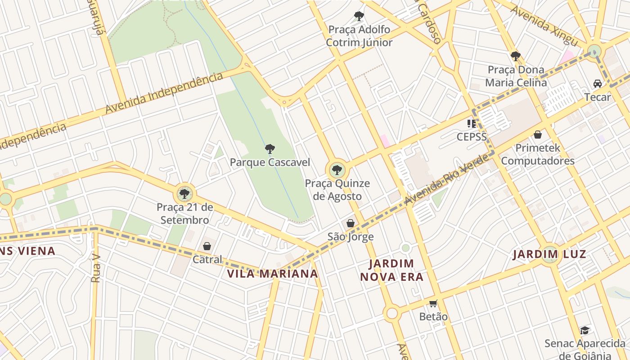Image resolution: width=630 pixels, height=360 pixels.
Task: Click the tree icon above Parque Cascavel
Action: coord(270,149)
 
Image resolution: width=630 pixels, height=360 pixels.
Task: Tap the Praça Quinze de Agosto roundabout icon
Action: coord(337,171)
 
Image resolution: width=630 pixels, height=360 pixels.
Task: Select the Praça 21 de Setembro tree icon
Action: coord(184,194)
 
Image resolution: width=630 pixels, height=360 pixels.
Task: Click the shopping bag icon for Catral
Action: coord(207,246)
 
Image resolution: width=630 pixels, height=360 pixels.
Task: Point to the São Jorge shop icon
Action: coord(351,223)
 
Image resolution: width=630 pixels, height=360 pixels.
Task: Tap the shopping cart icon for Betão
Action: coord(433,303)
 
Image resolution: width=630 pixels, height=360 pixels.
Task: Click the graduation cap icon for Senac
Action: coord(585,331)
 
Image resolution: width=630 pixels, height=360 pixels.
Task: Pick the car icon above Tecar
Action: coord(598,84)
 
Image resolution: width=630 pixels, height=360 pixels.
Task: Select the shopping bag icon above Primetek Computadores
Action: coord(537,135)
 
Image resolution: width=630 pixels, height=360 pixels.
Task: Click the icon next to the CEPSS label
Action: coord(472,123)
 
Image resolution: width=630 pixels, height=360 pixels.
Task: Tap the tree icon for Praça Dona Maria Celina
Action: coord(515,56)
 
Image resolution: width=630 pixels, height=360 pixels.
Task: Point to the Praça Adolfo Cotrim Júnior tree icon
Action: coord(359,17)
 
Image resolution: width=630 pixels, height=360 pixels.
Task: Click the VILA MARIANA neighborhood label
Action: coord(272,274)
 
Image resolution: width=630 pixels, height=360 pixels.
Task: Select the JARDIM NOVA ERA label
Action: coord(392,270)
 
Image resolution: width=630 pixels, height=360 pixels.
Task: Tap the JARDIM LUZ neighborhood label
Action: coord(549,254)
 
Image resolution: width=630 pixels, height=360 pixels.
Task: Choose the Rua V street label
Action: coord(95,269)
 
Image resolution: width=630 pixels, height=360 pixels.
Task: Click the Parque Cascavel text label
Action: coord(270,162)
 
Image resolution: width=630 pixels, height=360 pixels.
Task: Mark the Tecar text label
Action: coord(598,97)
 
